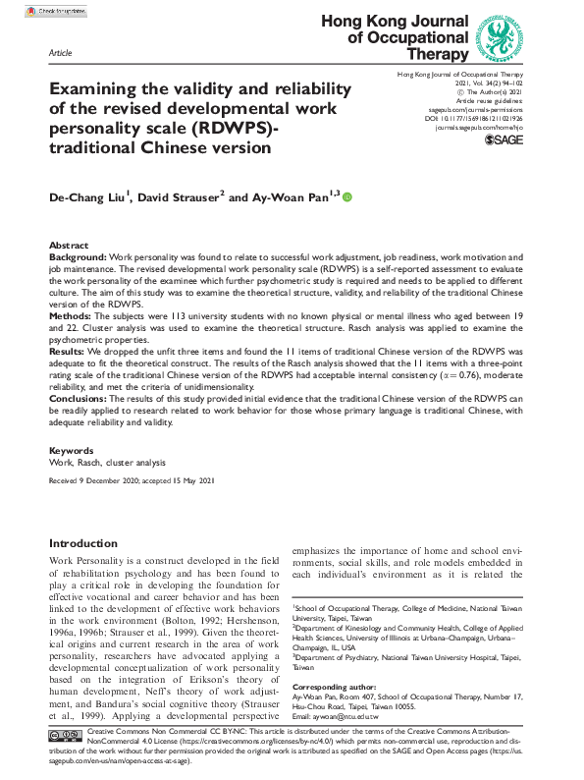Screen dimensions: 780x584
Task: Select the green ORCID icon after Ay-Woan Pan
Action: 346,198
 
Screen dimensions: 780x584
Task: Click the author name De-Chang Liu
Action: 89,198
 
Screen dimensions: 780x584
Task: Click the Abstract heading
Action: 70,245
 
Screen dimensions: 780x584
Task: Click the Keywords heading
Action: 72,450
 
